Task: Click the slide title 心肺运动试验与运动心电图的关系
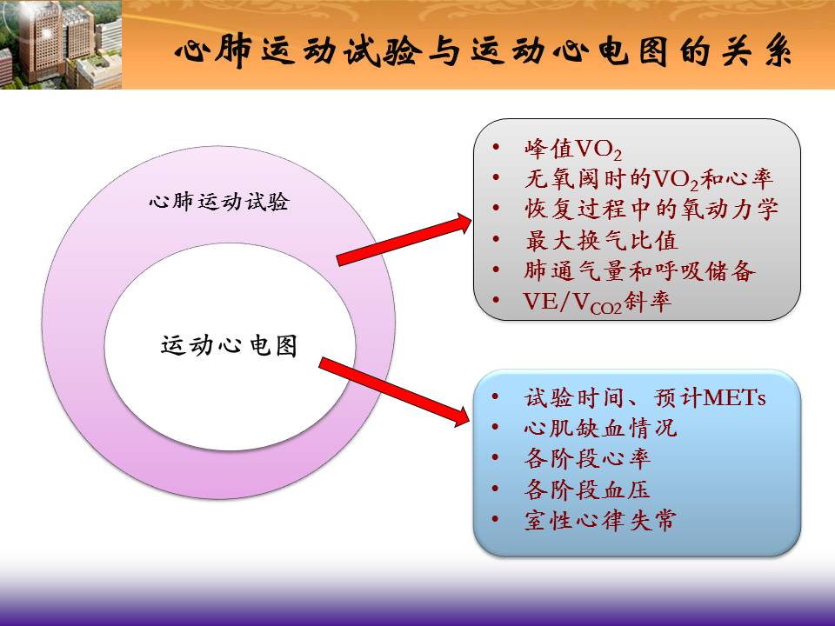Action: [483, 52]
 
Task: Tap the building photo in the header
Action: [61, 44]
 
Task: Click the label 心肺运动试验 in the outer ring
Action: [219, 202]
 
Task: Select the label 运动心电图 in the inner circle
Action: [229, 345]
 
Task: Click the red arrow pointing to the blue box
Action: [394, 392]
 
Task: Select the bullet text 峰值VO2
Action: [572, 149]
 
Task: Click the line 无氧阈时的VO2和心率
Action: [649, 179]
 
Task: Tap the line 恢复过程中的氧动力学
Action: [651, 210]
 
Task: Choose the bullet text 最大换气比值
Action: [601, 240]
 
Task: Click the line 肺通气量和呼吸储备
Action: [639, 270]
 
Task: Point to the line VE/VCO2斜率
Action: [597, 303]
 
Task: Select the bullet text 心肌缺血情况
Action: [600, 428]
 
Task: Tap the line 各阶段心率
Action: [587, 458]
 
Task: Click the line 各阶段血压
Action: [587, 489]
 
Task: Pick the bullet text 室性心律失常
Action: [600, 520]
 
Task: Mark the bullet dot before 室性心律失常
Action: [495, 518]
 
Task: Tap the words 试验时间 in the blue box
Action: [574, 397]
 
